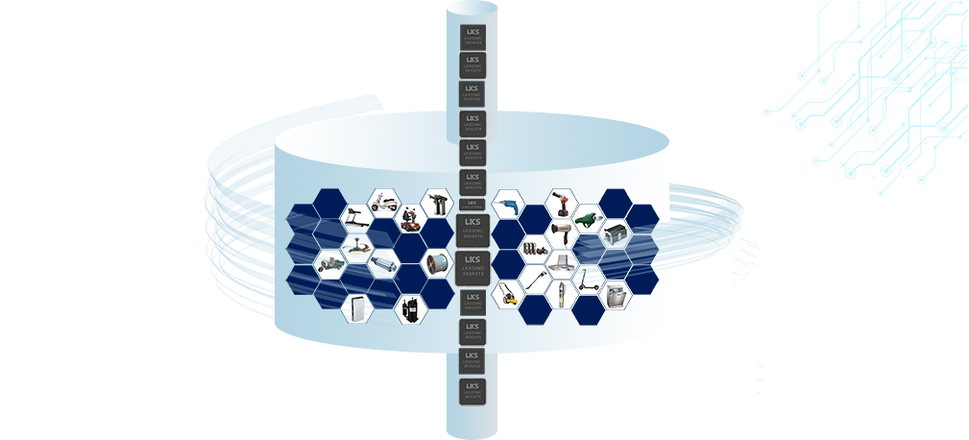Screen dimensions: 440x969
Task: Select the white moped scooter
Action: click(383, 204)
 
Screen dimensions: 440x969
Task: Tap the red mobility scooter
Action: click(411, 219)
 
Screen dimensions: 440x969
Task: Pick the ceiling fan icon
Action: click(357, 248)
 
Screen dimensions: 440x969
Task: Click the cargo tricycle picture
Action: click(330, 263)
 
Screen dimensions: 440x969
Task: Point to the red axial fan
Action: click(437, 263)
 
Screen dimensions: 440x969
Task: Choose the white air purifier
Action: click(357, 308)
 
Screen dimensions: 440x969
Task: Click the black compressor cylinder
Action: click(410, 308)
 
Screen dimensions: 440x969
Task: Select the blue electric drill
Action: click(506, 205)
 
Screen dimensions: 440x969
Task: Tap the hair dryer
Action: click(561, 233)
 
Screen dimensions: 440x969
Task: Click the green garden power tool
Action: click(588, 219)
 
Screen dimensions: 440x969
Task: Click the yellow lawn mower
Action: click(506, 294)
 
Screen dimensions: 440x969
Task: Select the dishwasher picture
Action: click(615, 294)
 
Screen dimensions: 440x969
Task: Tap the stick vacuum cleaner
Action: click(534, 280)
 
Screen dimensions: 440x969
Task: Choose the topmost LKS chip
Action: click(472, 37)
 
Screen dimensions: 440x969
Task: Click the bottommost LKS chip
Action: click(472, 391)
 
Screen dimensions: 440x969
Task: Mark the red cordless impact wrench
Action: click(561, 204)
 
